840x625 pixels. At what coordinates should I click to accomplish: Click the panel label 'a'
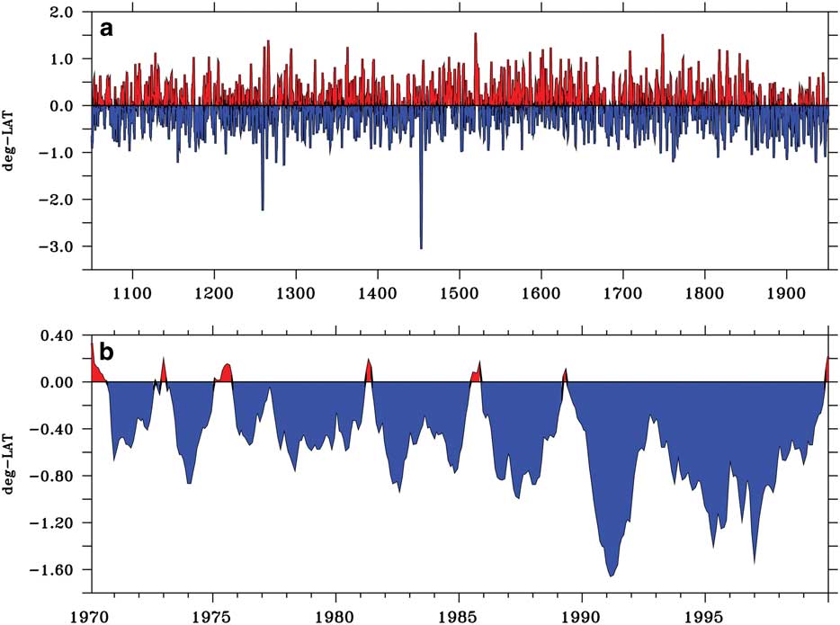(106, 29)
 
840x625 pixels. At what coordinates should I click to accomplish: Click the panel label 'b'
(106, 353)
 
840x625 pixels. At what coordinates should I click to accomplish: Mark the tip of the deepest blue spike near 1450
(421, 248)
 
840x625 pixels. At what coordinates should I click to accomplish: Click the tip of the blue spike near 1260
(263, 210)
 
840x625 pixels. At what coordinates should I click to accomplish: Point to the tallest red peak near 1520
(475, 33)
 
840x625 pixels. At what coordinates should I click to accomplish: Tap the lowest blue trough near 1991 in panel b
(611, 576)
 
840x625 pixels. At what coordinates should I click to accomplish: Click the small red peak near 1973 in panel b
(164, 359)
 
